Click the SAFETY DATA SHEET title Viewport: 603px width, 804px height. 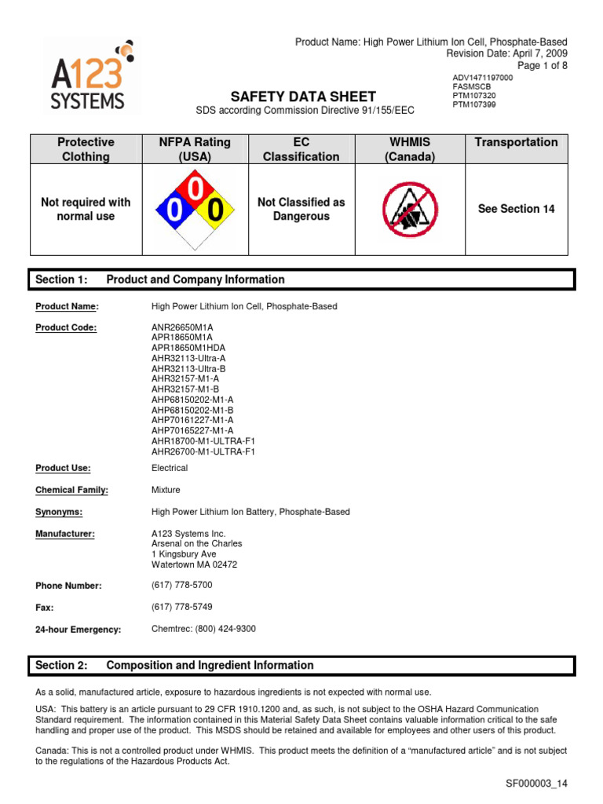pos(302,97)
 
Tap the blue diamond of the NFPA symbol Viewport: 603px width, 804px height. pos(170,210)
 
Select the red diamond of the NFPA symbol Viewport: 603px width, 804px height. pos(194,187)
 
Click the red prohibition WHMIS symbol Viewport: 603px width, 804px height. pos(409,210)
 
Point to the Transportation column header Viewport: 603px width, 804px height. pos(516,142)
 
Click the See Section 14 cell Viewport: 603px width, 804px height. pos(516,209)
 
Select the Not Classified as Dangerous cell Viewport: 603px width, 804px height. pos(301,209)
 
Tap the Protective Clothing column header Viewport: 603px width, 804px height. pos(86,149)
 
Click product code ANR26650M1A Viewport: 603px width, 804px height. pos(182,327)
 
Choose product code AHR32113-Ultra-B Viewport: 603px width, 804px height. pos(188,368)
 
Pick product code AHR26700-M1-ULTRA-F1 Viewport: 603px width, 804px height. pos(203,451)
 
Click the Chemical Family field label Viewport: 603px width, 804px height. pos(71,490)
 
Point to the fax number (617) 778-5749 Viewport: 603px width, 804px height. pos(181,607)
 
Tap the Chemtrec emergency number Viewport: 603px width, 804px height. pos(203,629)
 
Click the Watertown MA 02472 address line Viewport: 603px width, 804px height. pos(194,565)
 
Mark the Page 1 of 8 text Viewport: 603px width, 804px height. pos(541,66)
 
